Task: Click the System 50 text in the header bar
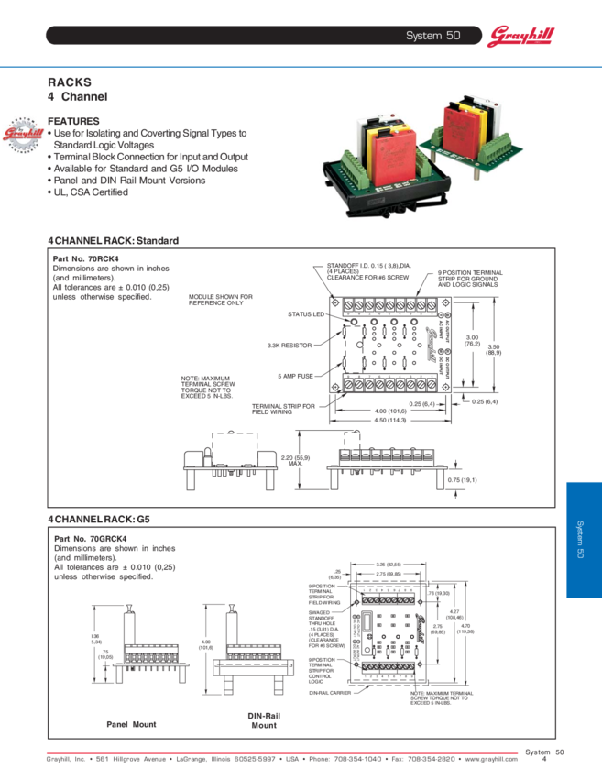[432, 36]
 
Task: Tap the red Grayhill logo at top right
[520, 37]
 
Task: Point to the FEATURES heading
[73, 121]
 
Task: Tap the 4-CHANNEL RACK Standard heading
[113, 241]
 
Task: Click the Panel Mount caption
[131, 724]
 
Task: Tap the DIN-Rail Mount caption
[263, 719]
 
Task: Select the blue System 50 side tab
[584, 540]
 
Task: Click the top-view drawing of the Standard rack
[390, 348]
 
